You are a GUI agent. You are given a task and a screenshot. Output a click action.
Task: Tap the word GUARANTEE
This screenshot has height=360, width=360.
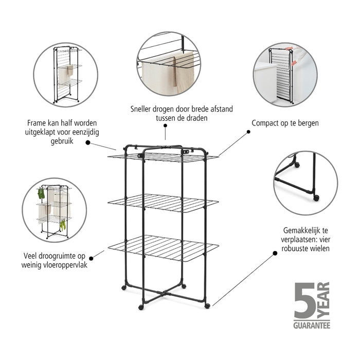click(x=312, y=325)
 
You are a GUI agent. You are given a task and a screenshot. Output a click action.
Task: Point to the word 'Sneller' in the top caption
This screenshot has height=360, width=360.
click(x=141, y=109)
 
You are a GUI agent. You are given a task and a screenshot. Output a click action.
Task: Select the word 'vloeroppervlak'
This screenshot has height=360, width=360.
click(x=61, y=264)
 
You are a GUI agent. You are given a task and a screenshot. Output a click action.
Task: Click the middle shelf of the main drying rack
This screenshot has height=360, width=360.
click(x=164, y=203)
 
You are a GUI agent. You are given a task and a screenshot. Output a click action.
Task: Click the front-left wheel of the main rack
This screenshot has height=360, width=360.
click(x=141, y=307)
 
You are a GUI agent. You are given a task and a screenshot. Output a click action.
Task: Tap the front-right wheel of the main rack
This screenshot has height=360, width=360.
click(x=207, y=306)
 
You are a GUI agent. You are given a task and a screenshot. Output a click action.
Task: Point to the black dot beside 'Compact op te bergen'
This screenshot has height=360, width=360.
click(x=248, y=132)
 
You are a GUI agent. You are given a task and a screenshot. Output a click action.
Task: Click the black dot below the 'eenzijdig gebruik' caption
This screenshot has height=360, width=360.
click(x=87, y=143)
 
